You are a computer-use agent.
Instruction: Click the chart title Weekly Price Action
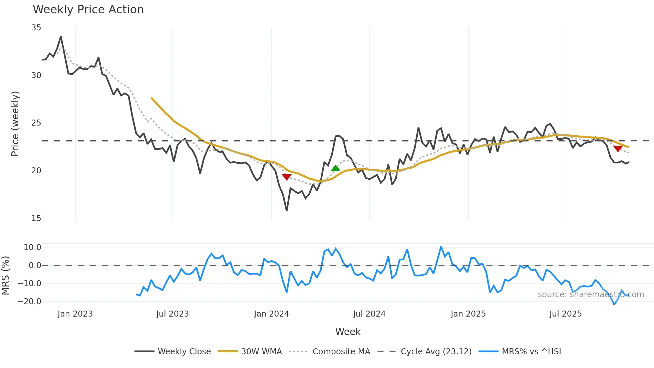pos(88,10)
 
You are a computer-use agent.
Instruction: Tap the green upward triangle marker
pos(335,168)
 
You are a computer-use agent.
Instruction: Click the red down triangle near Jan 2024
pos(287,177)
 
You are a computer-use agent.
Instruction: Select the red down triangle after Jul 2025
pos(618,149)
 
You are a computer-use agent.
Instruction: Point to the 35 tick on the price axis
pos(36,28)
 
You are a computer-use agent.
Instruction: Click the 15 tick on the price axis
pos(36,218)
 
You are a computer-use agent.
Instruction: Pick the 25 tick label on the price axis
pos(36,123)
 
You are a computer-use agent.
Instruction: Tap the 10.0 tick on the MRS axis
pos(32,247)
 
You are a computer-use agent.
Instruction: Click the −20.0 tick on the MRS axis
pos(29,302)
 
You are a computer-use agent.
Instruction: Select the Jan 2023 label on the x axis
pos(75,314)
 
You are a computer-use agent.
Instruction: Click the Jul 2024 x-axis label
pos(369,314)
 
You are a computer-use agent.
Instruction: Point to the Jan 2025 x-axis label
pos(468,314)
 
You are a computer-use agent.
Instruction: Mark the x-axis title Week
pos(348,332)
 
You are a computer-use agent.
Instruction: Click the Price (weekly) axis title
pos(15,124)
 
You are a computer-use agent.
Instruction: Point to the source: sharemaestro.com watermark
pos(591,295)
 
